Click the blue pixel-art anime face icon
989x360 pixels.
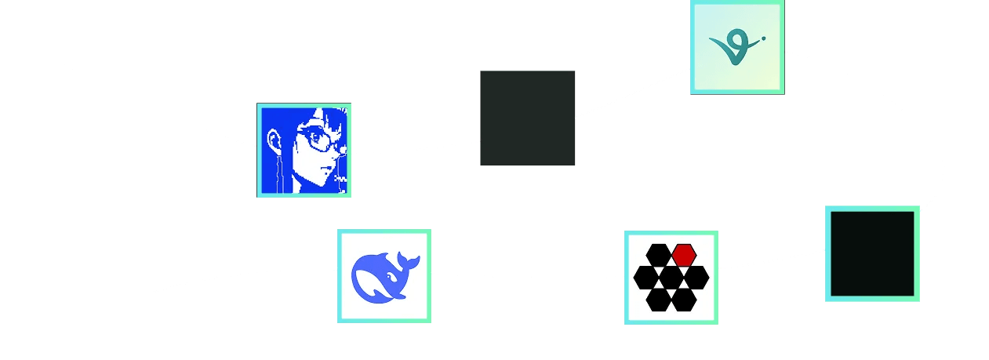coord(304,151)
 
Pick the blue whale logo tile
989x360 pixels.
coord(384,276)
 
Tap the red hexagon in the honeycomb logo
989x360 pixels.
coord(684,254)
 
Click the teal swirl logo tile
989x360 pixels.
coord(737,47)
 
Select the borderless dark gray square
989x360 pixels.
coord(527,118)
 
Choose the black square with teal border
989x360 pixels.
coord(872,254)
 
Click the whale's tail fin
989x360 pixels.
coord(408,259)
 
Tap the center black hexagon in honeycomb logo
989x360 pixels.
coord(671,277)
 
